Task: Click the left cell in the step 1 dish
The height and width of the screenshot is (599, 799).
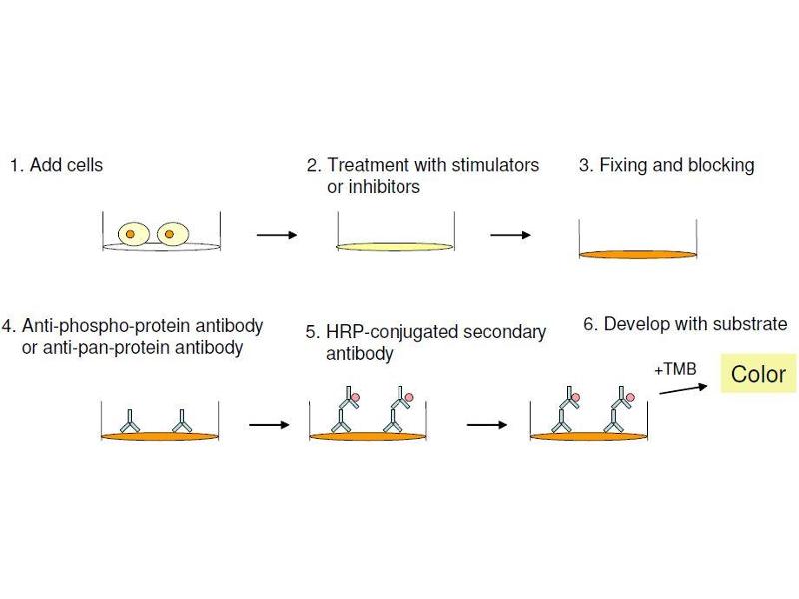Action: [132, 234]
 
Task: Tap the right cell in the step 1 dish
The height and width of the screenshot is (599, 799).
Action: [170, 234]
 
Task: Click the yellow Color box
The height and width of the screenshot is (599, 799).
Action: [758, 374]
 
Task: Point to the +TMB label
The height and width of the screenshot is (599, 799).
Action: [674, 370]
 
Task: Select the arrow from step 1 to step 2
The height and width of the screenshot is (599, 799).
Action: [277, 235]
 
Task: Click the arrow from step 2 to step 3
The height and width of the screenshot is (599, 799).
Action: [510, 235]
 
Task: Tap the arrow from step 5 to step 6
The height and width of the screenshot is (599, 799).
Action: [487, 424]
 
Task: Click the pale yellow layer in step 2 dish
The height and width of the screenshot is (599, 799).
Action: [396, 246]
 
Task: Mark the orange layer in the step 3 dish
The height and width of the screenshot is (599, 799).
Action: [637, 254]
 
